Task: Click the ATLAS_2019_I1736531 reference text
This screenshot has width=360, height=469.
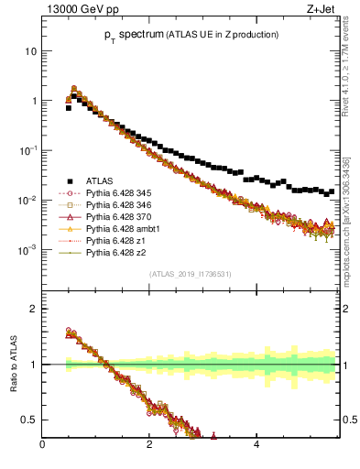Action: [x=190, y=273]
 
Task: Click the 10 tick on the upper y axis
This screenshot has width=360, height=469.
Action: [x=31, y=51]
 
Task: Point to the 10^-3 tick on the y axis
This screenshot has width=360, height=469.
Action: [x=29, y=249]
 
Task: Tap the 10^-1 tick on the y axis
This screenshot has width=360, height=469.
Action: [x=29, y=150]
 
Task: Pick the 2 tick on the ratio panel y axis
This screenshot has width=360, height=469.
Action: [x=34, y=309]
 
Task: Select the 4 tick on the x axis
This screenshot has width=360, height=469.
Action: [x=256, y=448]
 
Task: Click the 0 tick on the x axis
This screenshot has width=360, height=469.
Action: [x=42, y=448]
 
